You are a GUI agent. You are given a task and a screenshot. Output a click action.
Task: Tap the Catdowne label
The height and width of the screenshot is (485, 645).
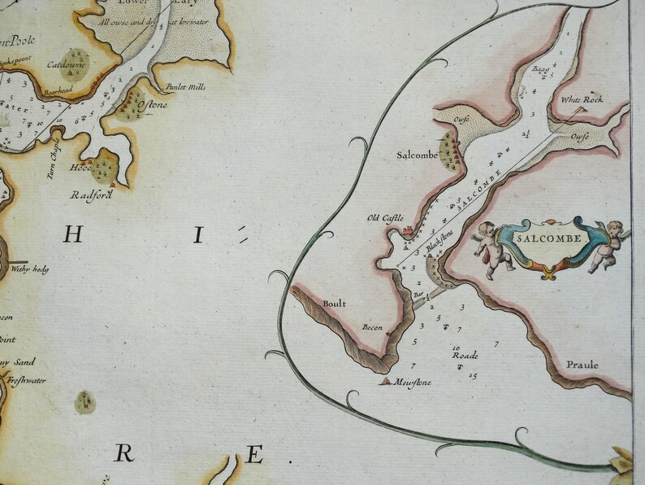pyautogui.click(x=61, y=63)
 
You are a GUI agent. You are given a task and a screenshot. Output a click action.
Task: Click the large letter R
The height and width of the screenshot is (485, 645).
pyautogui.click(x=123, y=454)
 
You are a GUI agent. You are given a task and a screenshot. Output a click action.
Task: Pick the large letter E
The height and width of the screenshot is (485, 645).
pyautogui.click(x=254, y=454)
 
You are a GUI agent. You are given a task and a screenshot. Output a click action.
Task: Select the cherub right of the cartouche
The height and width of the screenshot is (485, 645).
pyautogui.click(x=605, y=244)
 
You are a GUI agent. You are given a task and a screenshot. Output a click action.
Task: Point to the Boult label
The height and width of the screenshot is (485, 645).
pyautogui.click(x=334, y=304)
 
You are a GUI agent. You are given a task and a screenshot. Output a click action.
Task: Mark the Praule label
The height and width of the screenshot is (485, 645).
pyautogui.click(x=583, y=365)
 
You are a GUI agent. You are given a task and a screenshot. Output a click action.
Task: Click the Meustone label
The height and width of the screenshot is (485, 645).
pyautogui.click(x=413, y=382)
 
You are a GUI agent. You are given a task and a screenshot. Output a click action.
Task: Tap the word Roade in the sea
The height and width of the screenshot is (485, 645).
pyautogui.click(x=465, y=356)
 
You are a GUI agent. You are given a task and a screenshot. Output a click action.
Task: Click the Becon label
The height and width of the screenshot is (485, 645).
pyautogui.click(x=371, y=327)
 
